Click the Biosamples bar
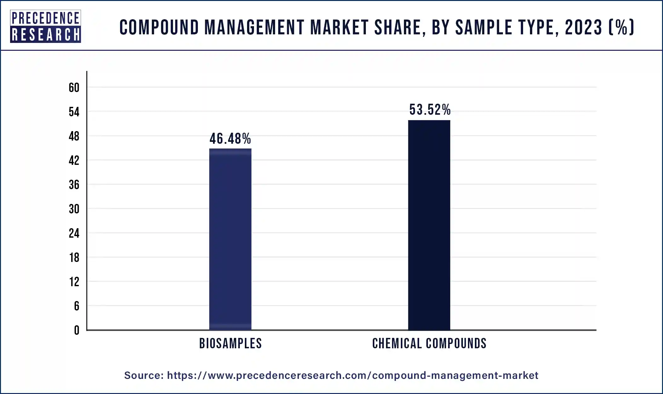230,240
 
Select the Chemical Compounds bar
429,225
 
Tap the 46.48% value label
230,139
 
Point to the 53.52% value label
430,110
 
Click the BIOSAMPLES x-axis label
230,344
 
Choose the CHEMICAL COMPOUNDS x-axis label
429,344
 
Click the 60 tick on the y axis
74,88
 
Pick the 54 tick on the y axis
74,112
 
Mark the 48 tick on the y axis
74,136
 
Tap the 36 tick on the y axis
74,185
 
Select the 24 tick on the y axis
74,233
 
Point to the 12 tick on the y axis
74,282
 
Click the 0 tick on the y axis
77,330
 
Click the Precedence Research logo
45,26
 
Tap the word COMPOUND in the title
159,27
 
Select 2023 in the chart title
584,27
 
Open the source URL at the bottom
352,375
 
